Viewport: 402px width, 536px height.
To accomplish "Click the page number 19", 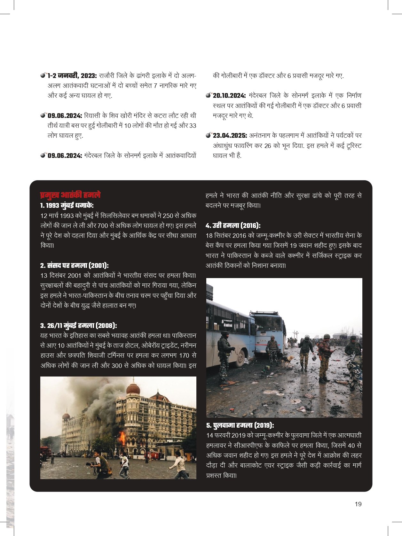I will [x=358, y=504].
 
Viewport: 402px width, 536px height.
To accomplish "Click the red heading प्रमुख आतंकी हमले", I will [x=70, y=195].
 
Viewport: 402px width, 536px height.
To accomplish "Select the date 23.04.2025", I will [x=230, y=136].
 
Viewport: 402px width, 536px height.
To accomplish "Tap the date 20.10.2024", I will [x=229, y=96].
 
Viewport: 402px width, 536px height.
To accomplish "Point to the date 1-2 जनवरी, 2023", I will [x=72, y=76].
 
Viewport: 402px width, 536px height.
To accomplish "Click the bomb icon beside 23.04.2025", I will [x=209, y=136].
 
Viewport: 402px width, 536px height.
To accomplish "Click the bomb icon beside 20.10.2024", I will [x=209, y=95].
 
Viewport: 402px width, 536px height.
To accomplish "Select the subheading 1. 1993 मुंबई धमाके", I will [x=67, y=205].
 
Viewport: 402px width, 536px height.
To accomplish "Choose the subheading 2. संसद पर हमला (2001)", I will [x=75, y=265].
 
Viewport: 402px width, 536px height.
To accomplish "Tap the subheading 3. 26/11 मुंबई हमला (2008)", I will [x=79, y=325].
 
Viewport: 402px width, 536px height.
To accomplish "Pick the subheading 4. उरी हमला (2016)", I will [x=233, y=225].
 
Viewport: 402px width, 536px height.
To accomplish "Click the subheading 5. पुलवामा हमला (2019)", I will [x=240, y=425].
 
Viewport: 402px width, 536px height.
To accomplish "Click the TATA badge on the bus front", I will [x=263, y=341].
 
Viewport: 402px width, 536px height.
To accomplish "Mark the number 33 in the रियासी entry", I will [x=192, y=126].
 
